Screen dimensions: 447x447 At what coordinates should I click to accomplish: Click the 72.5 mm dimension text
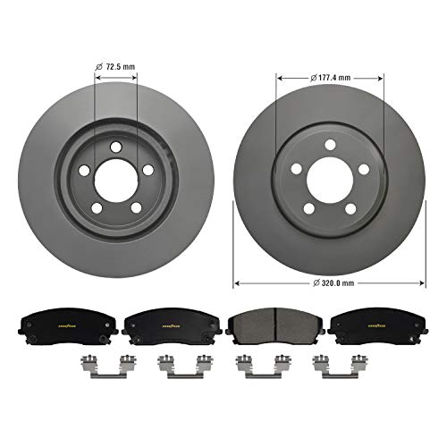coord(121,66)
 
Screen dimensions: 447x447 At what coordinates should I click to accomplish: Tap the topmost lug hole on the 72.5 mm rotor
coord(114,139)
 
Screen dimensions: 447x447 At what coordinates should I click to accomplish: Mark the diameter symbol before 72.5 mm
coord(99,66)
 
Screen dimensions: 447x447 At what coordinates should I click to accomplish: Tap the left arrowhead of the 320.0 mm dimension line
coord(236,283)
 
